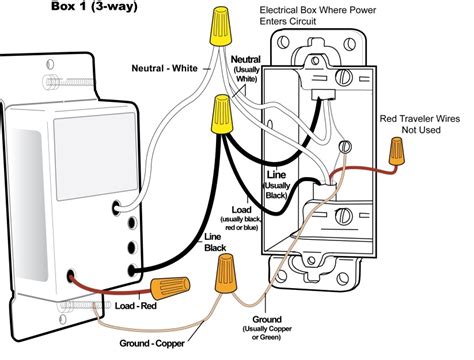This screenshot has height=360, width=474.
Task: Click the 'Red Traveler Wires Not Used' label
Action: [x=421, y=125]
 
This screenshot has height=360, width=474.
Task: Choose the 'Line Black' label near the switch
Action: [x=214, y=241]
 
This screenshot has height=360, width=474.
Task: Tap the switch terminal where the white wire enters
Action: [x=120, y=208]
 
